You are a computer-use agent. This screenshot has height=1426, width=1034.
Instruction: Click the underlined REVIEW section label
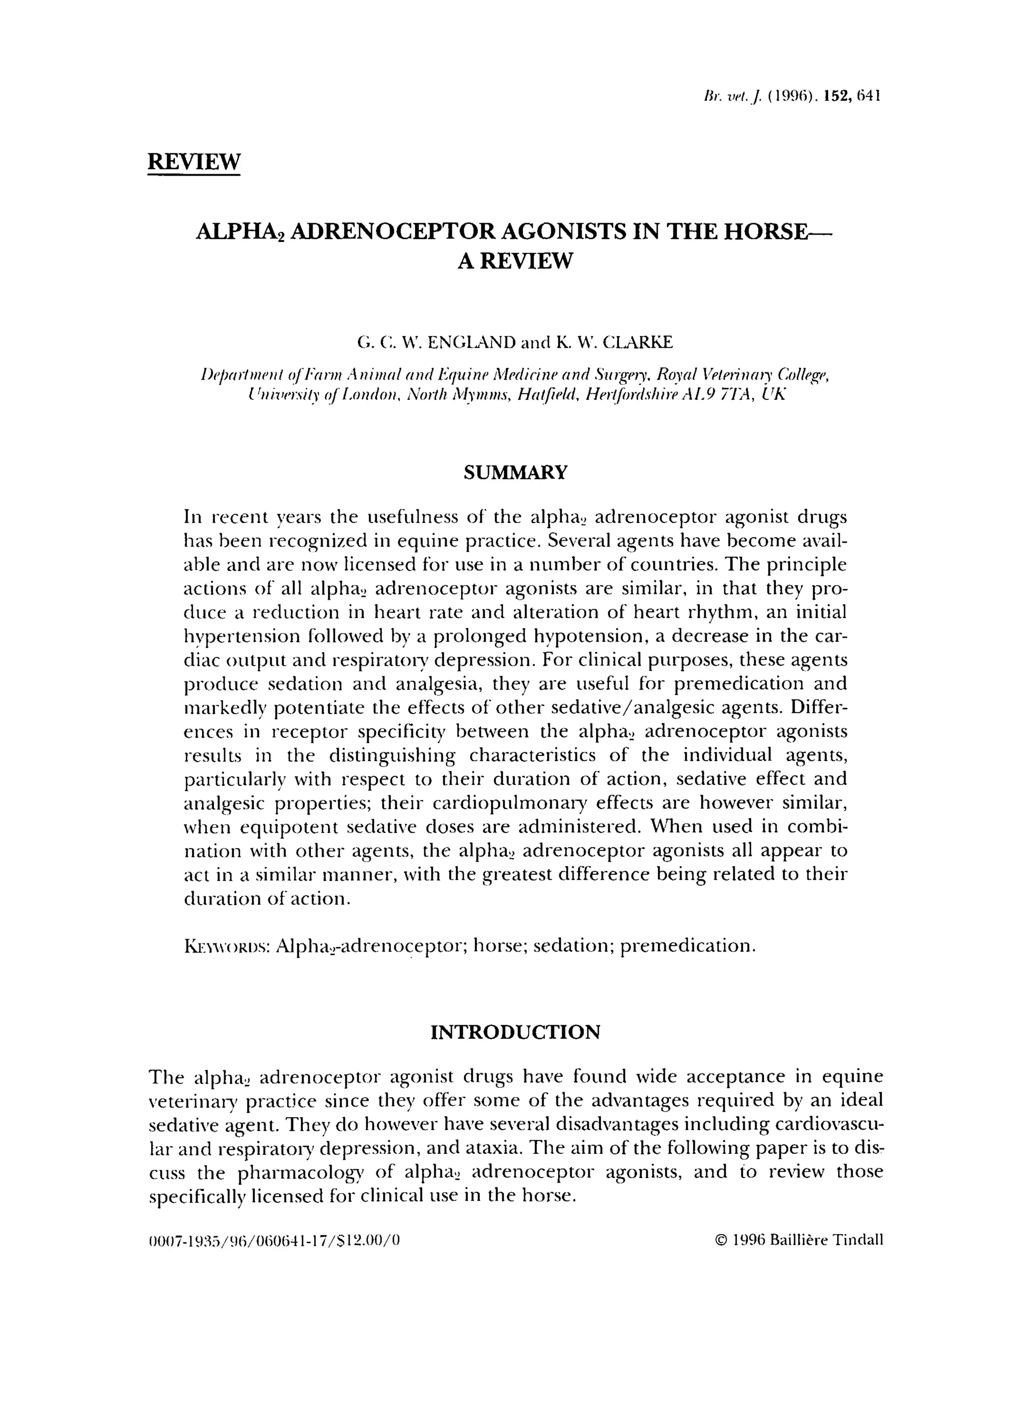coord(194,162)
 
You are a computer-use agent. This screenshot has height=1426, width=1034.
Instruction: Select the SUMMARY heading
coord(515,472)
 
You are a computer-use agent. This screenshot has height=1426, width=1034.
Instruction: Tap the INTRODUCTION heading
coord(515,1032)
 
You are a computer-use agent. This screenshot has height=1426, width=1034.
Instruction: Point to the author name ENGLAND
coord(471,343)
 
